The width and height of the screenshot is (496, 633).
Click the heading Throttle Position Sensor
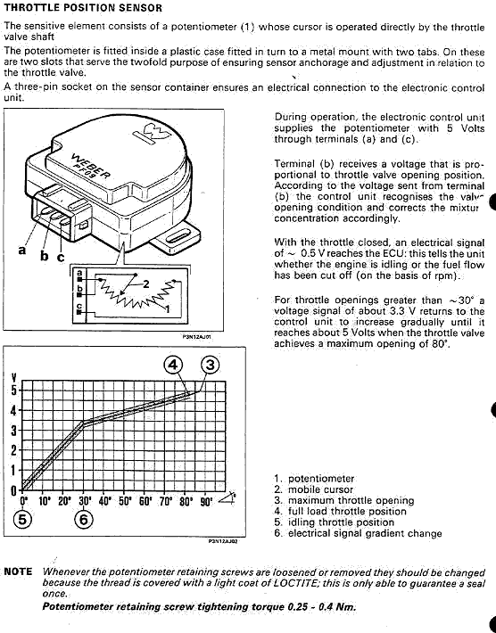point(83,8)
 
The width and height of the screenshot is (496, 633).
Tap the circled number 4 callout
point(173,365)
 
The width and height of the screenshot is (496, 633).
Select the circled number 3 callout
point(210,365)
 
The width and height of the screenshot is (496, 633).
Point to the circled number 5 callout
point(22,519)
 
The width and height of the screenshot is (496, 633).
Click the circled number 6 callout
point(84,519)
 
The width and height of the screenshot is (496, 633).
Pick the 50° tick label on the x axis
point(125,501)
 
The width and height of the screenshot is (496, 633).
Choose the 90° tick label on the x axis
point(206,501)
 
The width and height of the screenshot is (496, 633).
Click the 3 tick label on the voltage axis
point(14,431)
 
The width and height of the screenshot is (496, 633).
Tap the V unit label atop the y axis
point(14,378)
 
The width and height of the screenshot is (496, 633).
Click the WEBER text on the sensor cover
point(91,167)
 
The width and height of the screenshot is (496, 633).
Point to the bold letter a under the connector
point(22,251)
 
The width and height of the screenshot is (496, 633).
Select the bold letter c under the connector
point(61,257)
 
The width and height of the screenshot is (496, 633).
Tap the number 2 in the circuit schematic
point(146,284)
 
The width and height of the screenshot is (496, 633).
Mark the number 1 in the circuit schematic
point(167,309)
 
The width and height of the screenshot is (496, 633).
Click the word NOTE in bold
point(18,571)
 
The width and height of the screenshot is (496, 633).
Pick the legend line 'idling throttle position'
point(334,522)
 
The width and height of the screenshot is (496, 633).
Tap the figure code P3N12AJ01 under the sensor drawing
point(196,336)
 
